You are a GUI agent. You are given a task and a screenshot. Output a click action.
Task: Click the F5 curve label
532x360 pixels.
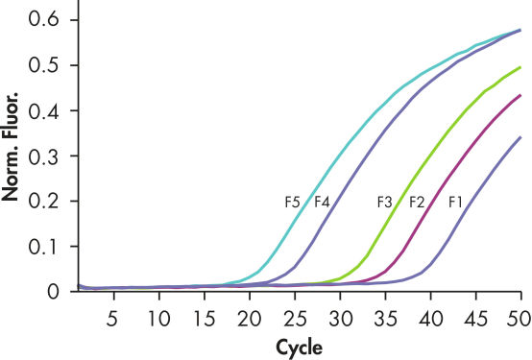pos(293,203)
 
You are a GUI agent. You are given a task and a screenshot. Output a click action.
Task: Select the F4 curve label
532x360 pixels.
pos(322,203)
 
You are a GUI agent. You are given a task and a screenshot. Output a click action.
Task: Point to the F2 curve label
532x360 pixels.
pos(417,203)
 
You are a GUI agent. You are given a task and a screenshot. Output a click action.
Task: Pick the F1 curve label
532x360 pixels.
pos(456,203)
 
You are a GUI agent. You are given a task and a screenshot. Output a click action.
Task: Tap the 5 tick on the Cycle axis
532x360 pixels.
pos(113,318)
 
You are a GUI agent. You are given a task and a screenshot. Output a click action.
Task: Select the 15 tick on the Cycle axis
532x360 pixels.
pos(204,318)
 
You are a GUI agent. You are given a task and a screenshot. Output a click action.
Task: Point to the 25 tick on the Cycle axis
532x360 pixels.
pos(295,318)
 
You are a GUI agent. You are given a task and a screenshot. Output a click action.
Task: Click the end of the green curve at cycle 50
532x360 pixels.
pos(520,67)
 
